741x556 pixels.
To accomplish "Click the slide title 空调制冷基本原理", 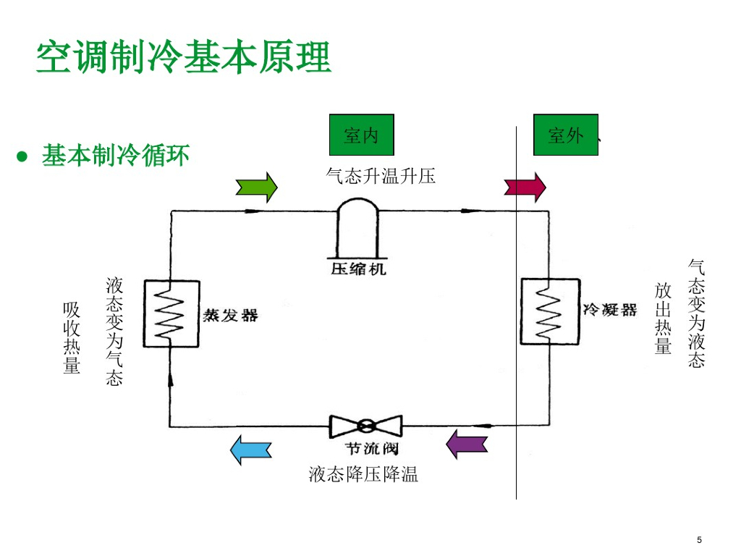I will [x=184, y=57].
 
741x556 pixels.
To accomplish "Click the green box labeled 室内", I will [x=361, y=135].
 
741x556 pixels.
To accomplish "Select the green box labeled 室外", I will [x=566, y=135].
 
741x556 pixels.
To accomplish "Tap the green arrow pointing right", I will [x=256, y=187].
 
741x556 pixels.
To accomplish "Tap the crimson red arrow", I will [x=525, y=187].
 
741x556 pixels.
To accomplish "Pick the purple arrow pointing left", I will [x=467, y=444].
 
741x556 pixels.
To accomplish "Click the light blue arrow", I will [x=250, y=450].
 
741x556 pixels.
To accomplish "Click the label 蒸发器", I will [x=230, y=315].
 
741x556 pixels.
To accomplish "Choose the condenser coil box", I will [x=550, y=311].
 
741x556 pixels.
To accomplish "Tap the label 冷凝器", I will [x=610, y=310].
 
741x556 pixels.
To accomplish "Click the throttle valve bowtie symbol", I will [x=365, y=426].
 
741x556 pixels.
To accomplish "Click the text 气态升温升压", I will [x=381, y=176].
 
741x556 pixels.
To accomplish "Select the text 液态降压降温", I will [x=363, y=475].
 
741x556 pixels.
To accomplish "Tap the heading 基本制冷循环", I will [x=116, y=156].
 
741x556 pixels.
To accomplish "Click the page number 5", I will [x=699, y=540].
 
